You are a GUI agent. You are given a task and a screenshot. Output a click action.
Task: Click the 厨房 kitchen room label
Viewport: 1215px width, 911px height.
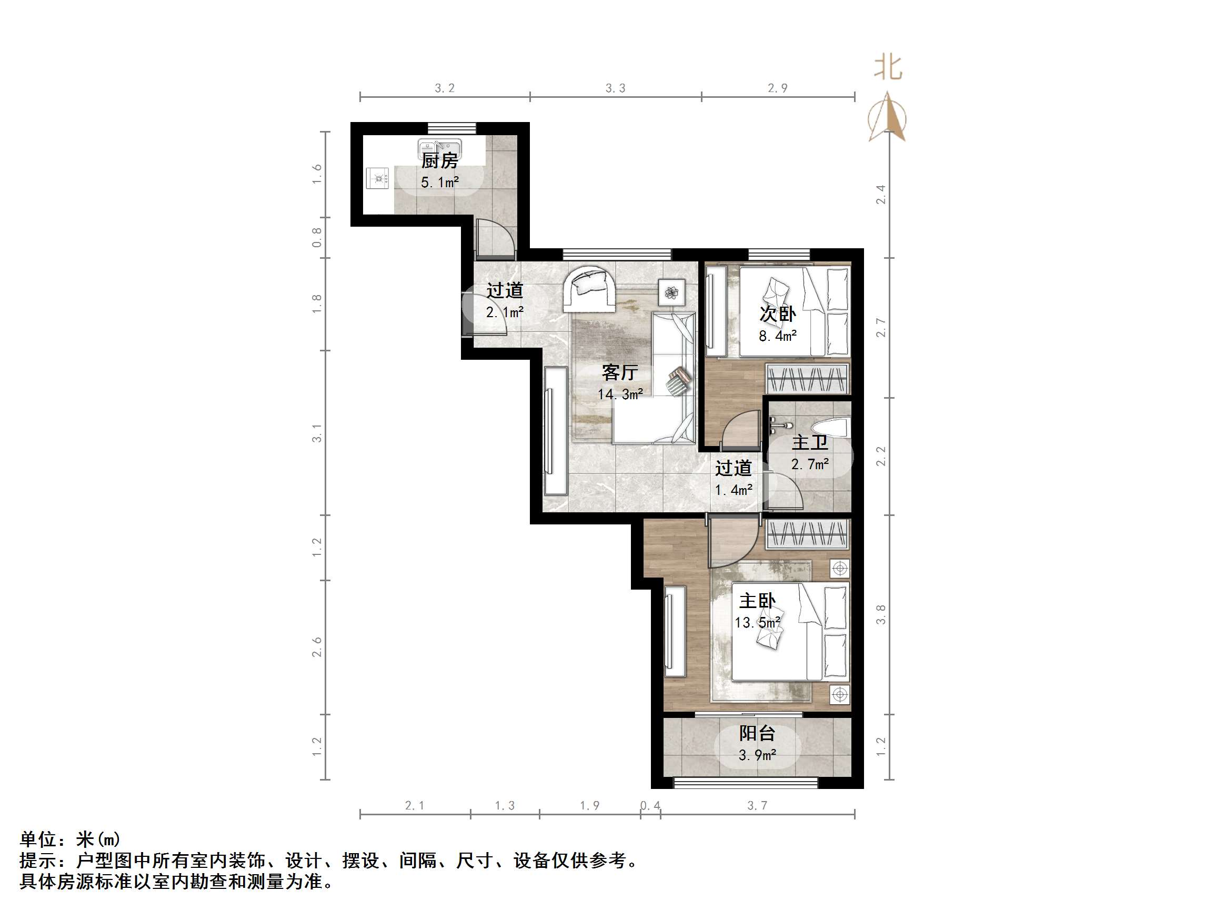[x=439, y=161]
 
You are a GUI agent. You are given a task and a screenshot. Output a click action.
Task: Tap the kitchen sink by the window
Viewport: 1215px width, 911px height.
[x=439, y=148]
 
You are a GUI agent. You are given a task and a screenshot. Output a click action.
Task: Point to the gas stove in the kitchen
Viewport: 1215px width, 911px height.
[x=378, y=178]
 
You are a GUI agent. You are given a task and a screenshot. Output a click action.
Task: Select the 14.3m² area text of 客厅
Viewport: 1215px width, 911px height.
[x=620, y=394]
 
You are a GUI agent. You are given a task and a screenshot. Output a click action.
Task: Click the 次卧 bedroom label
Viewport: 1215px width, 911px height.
[x=777, y=313]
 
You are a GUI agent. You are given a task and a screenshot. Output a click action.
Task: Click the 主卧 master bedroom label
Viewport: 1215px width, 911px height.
[x=757, y=601]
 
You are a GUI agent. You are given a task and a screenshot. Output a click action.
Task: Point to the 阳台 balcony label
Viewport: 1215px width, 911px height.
[x=757, y=733]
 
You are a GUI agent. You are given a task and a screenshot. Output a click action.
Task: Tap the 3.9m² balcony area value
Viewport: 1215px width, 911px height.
[x=757, y=756]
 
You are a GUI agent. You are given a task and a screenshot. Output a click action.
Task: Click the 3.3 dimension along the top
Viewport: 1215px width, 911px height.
[x=615, y=88]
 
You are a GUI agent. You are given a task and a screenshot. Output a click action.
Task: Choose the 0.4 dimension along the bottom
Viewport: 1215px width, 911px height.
[x=650, y=806]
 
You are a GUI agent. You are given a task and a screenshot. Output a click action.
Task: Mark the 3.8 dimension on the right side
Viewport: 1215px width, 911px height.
[x=880, y=614]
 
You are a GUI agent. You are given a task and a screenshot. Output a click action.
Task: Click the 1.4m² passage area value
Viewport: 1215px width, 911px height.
[x=734, y=490]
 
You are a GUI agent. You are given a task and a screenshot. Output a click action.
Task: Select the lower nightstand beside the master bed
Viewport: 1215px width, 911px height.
[x=839, y=694]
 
